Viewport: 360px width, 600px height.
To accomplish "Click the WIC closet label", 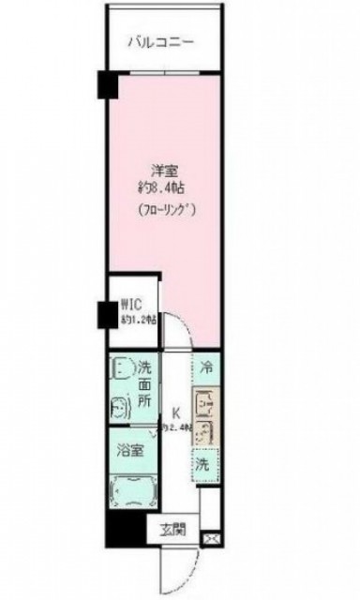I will [x=130, y=304].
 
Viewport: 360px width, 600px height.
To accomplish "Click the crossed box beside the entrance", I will [x=212, y=538].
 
